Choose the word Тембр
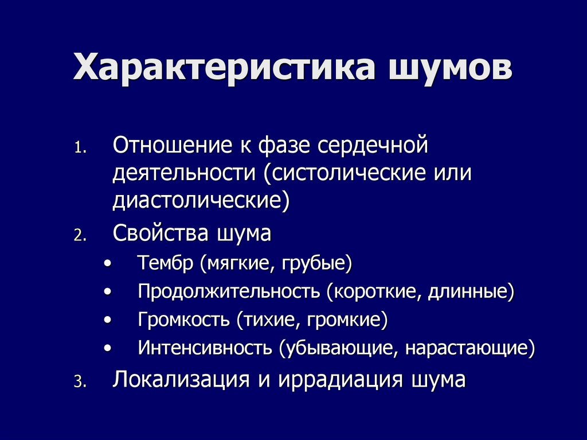(x=166, y=264)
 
